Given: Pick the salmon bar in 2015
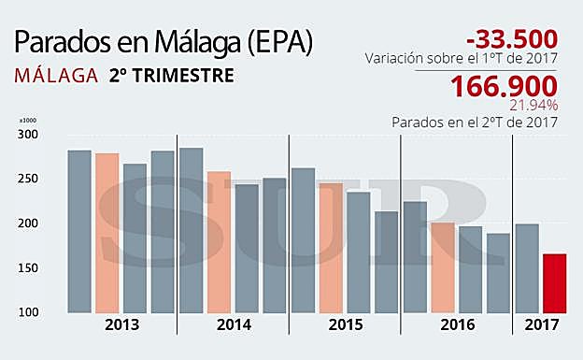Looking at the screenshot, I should [x=331, y=248].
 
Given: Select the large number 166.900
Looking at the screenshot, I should [x=505, y=87].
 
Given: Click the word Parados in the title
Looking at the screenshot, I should [x=58, y=43].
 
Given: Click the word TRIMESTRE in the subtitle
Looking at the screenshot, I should [x=181, y=75].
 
